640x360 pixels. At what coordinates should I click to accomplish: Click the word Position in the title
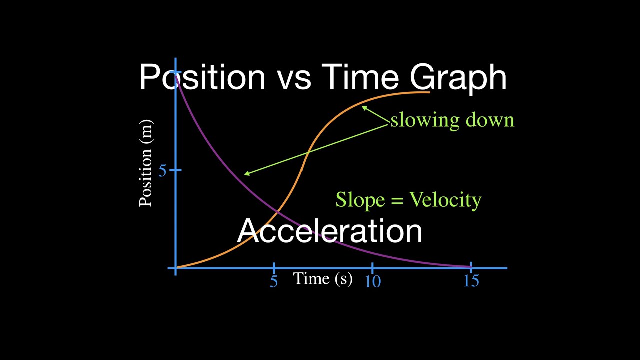pyautogui.click(x=202, y=78)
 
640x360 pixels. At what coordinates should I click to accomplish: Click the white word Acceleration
pyautogui.click(x=330, y=231)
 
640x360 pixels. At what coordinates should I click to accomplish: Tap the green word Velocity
pyautogui.click(x=445, y=200)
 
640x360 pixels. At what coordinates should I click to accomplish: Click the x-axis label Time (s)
pyautogui.click(x=323, y=278)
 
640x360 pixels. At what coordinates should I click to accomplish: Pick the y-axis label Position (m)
pyautogui.click(x=146, y=163)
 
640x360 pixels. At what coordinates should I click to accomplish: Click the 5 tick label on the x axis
pyautogui.click(x=274, y=281)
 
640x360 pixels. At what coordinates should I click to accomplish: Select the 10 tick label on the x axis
pyautogui.click(x=372, y=282)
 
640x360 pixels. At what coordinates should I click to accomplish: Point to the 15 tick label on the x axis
pyautogui.click(x=471, y=281)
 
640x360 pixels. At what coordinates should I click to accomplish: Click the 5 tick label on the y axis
pyautogui.click(x=162, y=171)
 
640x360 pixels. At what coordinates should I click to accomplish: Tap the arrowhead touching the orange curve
pyautogui.click(x=364, y=107)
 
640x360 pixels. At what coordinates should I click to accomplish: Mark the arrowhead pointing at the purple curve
pyautogui.click(x=246, y=174)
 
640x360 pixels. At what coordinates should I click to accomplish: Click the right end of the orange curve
pyautogui.click(x=429, y=92)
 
